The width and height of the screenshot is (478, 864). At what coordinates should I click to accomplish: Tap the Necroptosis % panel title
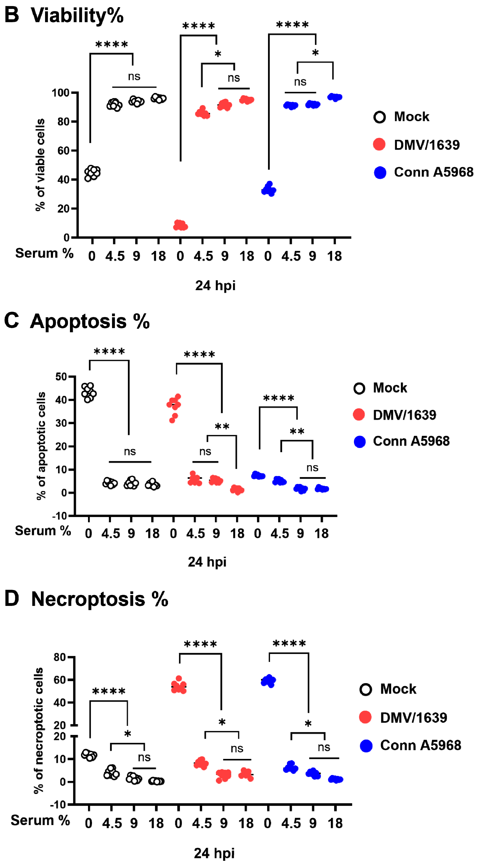(x=100, y=599)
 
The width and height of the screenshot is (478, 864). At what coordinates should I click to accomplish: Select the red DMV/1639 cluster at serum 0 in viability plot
(x=180, y=225)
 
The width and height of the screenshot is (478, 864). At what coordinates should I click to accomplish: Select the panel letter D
(x=12, y=599)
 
